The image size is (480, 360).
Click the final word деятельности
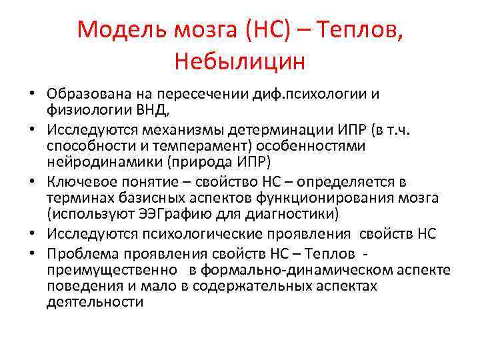tap(95, 301)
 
